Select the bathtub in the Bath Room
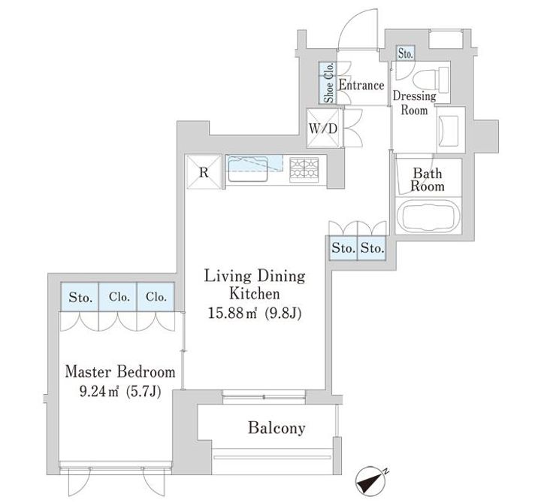tap(428, 216)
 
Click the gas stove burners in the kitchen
tap(304, 169)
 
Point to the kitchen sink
tap(248, 169)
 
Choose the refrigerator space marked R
tap(204, 172)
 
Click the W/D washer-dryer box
tap(323, 129)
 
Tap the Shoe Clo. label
tap(329, 83)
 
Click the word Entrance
tap(361, 85)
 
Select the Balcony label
tap(277, 428)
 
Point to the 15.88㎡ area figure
tap(232, 313)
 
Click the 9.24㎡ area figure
tap(99, 392)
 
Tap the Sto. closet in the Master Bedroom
tap(80, 297)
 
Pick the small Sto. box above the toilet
tap(405, 54)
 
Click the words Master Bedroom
tap(120, 372)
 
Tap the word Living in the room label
tap(228, 276)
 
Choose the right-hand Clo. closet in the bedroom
tap(156, 297)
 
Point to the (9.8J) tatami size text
tap(283, 314)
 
